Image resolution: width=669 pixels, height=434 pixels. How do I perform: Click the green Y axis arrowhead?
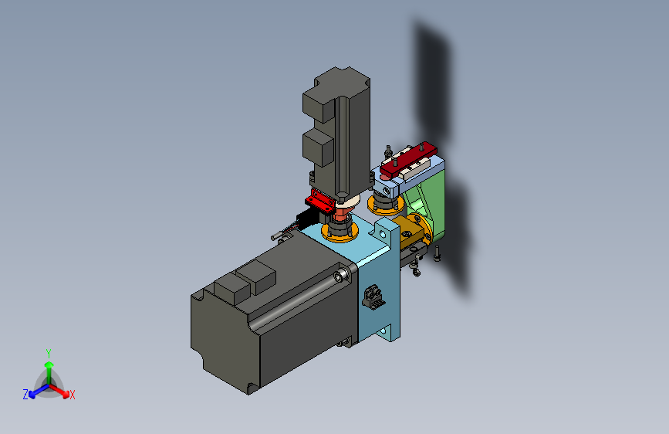click(49, 364)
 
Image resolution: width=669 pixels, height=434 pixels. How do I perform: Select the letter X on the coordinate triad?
click(72, 395)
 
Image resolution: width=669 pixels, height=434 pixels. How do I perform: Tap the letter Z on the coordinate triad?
click(25, 395)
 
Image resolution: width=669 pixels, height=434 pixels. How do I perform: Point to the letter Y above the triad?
click(49, 354)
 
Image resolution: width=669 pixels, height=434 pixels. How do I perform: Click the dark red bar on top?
click(408, 161)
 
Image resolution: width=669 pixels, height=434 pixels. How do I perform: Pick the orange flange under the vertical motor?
click(340, 232)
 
